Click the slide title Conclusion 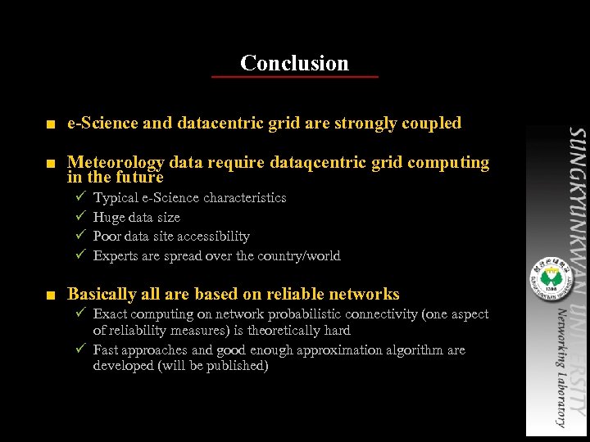(x=295, y=63)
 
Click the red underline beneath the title (x=295, y=77)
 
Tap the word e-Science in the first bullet (x=102, y=124)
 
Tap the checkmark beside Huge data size (x=79, y=217)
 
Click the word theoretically (x=279, y=331)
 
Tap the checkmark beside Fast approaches (x=79, y=350)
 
